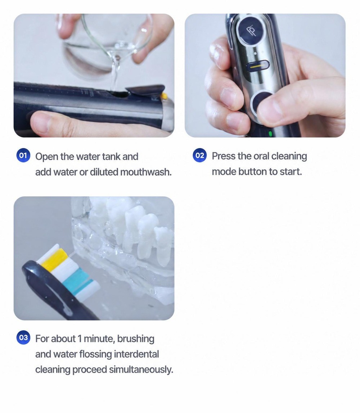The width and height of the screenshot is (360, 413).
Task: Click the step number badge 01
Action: click(23, 155)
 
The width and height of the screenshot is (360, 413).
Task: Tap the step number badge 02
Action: click(199, 155)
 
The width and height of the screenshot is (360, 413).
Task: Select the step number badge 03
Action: click(23, 338)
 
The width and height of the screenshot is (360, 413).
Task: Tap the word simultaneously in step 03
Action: click(141, 369)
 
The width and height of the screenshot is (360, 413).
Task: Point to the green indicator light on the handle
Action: click(270, 134)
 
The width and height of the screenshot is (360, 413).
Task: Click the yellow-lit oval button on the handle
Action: click(258, 66)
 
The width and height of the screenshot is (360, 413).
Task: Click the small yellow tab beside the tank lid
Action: click(164, 96)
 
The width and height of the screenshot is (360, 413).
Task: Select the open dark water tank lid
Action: click(145, 90)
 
